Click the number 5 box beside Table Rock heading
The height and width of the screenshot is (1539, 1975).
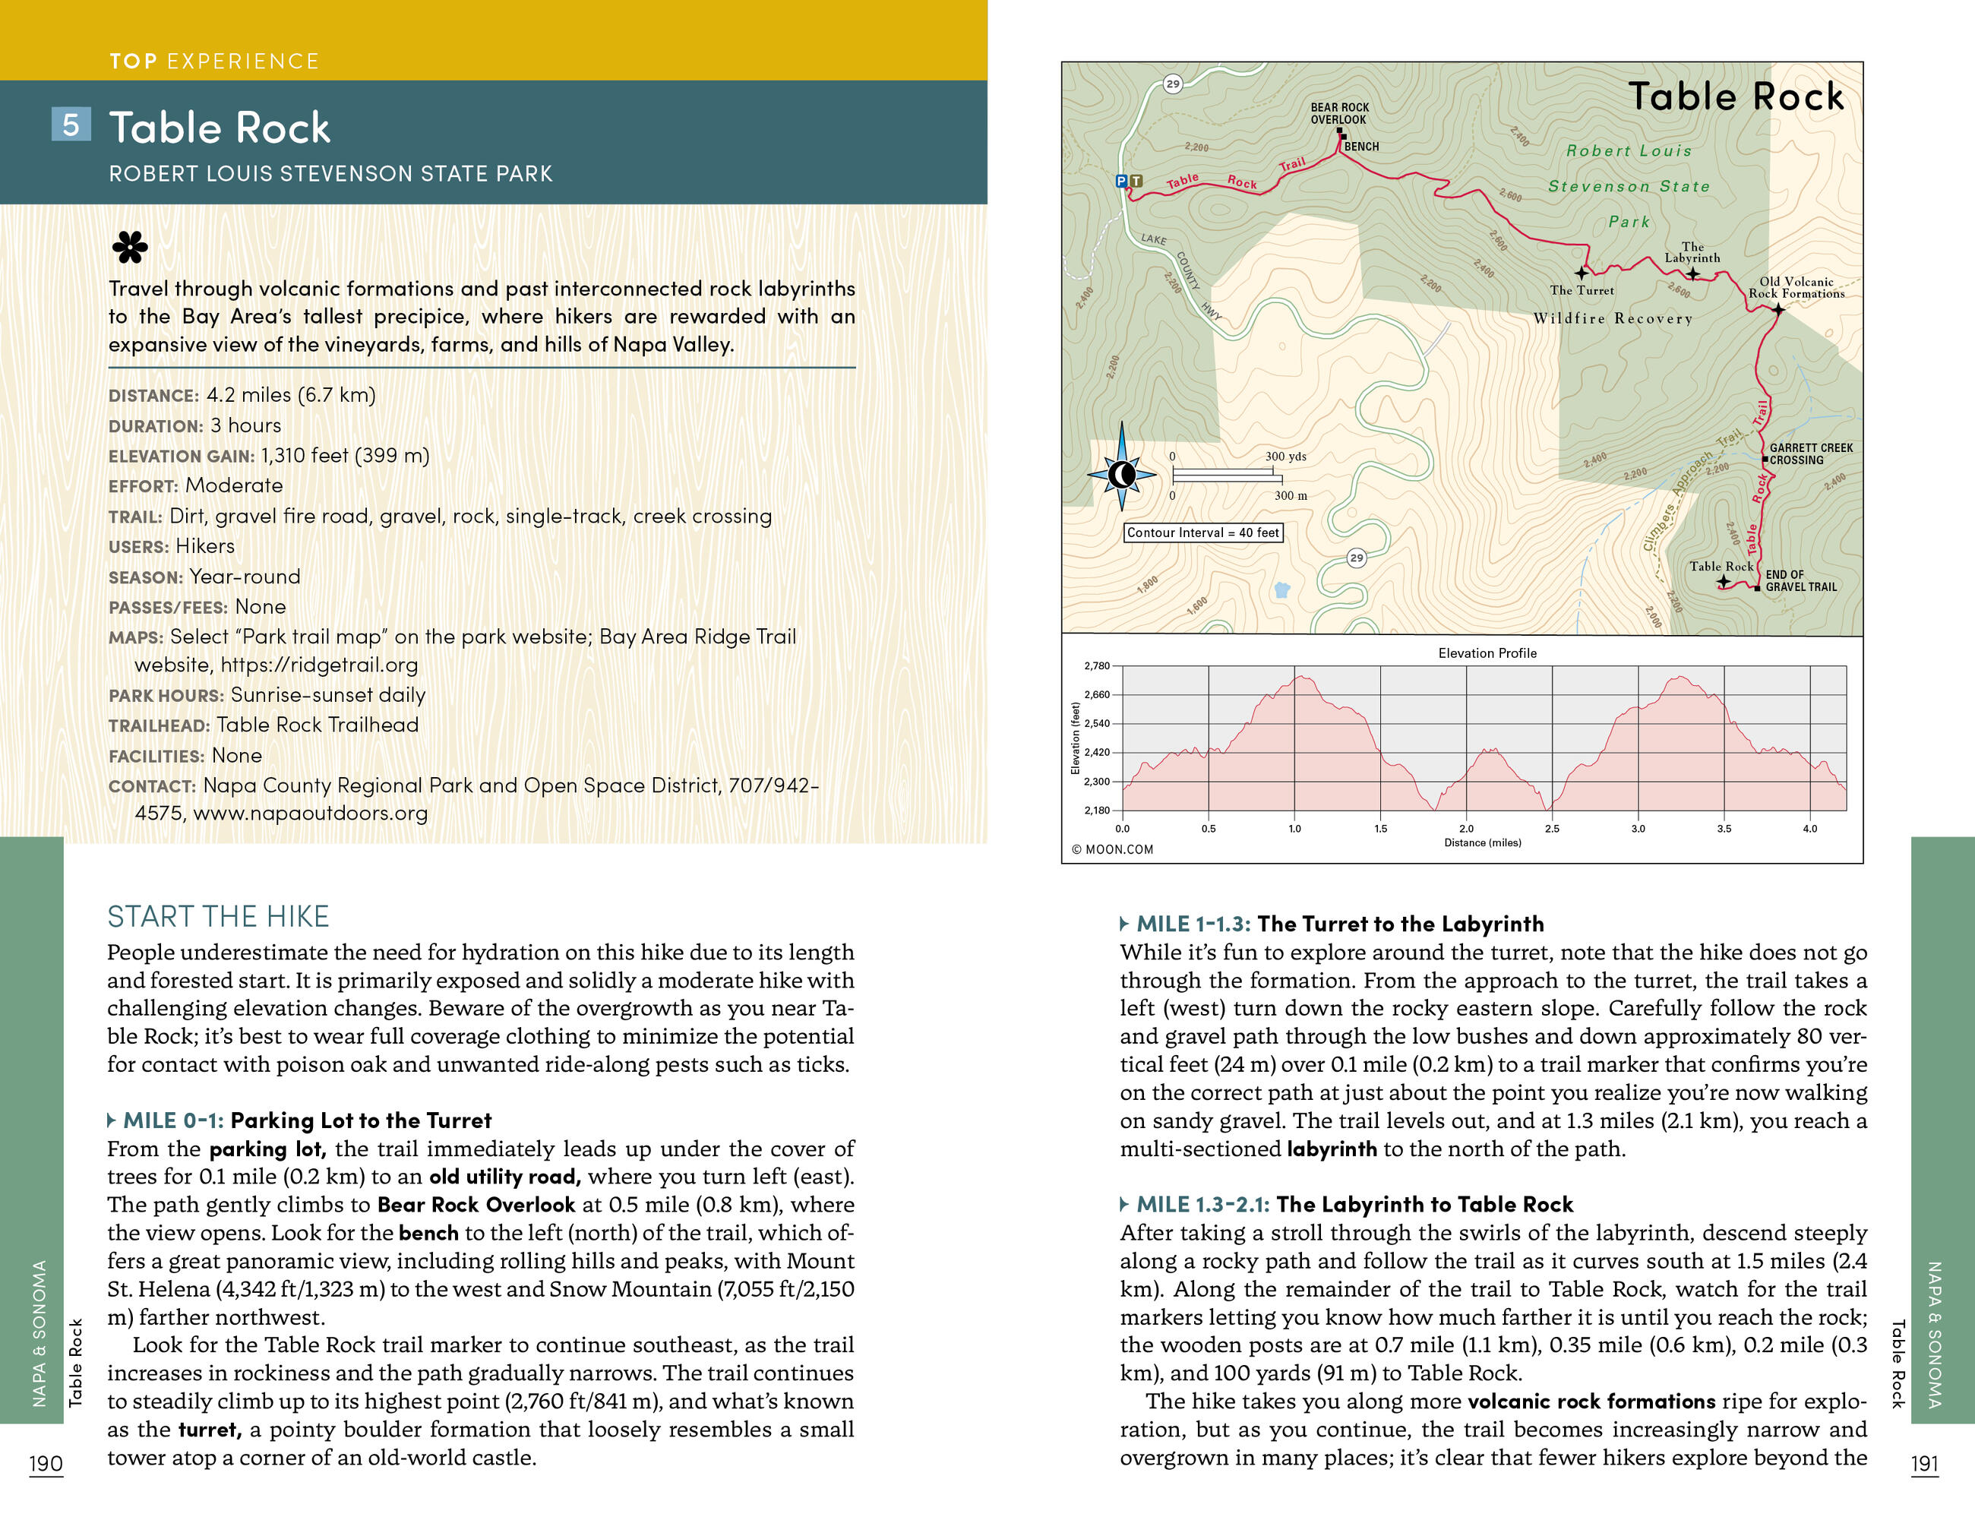pos(71,124)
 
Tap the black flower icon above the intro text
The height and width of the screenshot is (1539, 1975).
pos(129,246)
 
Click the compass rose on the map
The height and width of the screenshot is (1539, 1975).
pos(1121,474)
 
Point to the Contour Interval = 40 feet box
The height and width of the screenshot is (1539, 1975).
pos(1202,532)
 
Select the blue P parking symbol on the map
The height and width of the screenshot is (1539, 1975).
pos(1121,181)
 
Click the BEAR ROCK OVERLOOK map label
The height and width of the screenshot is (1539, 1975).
pos(1339,113)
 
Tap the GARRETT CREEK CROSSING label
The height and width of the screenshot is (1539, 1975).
pos(1810,454)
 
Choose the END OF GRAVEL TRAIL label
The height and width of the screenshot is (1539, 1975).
pos(1800,580)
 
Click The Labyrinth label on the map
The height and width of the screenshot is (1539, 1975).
pos(1692,252)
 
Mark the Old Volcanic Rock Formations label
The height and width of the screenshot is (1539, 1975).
pos(1796,288)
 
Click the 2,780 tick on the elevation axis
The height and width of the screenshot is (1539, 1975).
pos(1096,665)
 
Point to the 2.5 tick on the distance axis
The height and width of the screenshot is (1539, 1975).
pos(1552,828)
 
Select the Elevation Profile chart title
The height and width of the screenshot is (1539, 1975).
pos(1487,653)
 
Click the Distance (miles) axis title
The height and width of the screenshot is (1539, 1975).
pos(1482,842)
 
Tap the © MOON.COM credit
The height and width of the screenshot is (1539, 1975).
pos(1111,850)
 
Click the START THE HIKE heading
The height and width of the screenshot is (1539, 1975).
pos(218,917)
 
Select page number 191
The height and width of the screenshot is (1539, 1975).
pos(1924,1464)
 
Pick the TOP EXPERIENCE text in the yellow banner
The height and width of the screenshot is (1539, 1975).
pos(214,61)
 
